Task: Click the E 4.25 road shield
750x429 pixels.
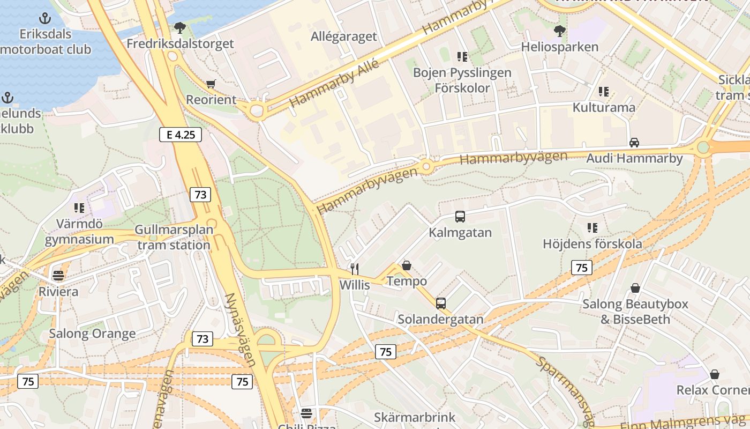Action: pos(181,135)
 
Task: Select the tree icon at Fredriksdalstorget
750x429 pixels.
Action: pos(179,27)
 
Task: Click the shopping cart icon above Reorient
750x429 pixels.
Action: pos(211,84)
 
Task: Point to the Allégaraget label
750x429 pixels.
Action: pos(344,36)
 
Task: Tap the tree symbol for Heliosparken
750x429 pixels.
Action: pos(560,31)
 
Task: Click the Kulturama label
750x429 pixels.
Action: pos(604,107)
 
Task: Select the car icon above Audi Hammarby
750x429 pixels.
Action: pos(634,142)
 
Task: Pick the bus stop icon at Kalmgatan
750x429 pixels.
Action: pos(460,217)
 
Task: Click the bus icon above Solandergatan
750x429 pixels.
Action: pos(440,303)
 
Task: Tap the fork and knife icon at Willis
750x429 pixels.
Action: pos(354,269)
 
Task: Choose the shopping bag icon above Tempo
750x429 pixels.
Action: pos(407,265)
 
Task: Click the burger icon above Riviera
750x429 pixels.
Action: pos(58,276)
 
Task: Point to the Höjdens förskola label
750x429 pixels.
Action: pos(592,244)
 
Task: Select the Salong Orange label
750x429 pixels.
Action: pos(92,334)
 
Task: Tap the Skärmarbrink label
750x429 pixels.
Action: pos(415,417)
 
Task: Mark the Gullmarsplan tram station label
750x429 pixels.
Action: pos(173,238)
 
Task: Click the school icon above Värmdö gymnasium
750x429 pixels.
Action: pos(79,208)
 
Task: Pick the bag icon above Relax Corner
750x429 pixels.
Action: pos(714,374)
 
